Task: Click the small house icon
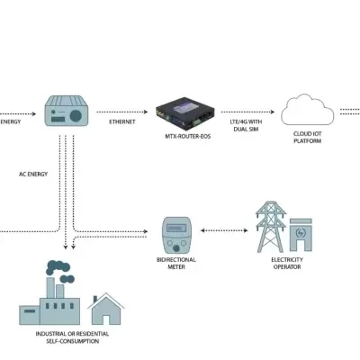tap(107, 308)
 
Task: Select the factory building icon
tap(49, 297)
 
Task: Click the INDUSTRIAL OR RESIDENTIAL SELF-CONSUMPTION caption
tap(72, 337)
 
